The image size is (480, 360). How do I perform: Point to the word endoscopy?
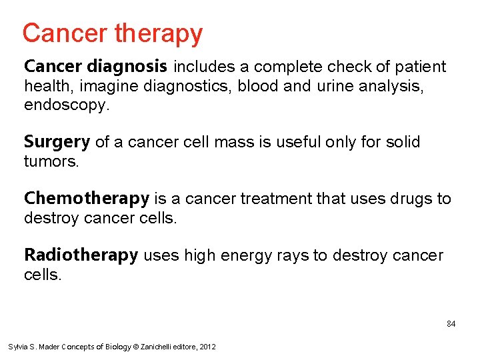point(65,105)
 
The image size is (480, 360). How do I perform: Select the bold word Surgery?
point(57,142)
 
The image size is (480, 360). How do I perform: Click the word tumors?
point(51,161)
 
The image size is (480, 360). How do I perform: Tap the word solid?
point(403,142)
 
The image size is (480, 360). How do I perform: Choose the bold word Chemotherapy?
point(87,199)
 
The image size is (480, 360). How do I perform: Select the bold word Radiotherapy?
point(81,255)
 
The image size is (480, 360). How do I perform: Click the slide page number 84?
point(451,324)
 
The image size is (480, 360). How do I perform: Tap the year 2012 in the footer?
point(207,347)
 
